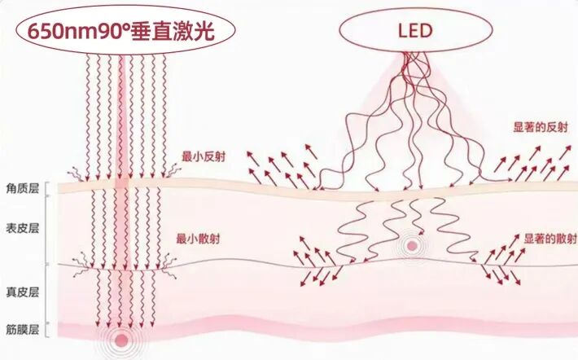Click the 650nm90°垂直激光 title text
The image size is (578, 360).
pyautogui.click(x=121, y=31)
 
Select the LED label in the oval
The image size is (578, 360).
pyautogui.click(x=415, y=31)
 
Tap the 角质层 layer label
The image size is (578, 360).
pyautogui.click(x=23, y=189)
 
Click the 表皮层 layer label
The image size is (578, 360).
pyautogui.click(x=23, y=228)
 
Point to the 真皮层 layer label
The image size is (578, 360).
pyautogui.click(x=23, y=292)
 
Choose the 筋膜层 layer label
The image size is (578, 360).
pyautogui.click(x=23, y=329)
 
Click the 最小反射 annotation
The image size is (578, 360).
pyautogui.click(x=204, y=156)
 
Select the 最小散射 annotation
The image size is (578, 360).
pyautogui.click(x=198, y=239)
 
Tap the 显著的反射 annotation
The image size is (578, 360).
pyautogui.click(x=541, y=128)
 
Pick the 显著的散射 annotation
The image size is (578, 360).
pyautogui.click(x=550, y=239)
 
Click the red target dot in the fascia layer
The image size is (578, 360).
pyautogui.click(x=121, y=340)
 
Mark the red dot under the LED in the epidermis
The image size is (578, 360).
pyautogui.click(x=412, y=246)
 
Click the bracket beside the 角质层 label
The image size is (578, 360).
pyautogui.click(x=46, y=189)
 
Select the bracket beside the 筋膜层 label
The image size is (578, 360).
pyautogui.click(x=46, y=329)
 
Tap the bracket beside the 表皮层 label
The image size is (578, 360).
pyautogui.click(x=46, y=230)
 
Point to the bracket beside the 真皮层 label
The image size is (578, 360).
pyautogui.click(x=46, y=293)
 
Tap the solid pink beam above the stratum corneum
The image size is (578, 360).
pyautogui.click(x=121, y=117)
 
